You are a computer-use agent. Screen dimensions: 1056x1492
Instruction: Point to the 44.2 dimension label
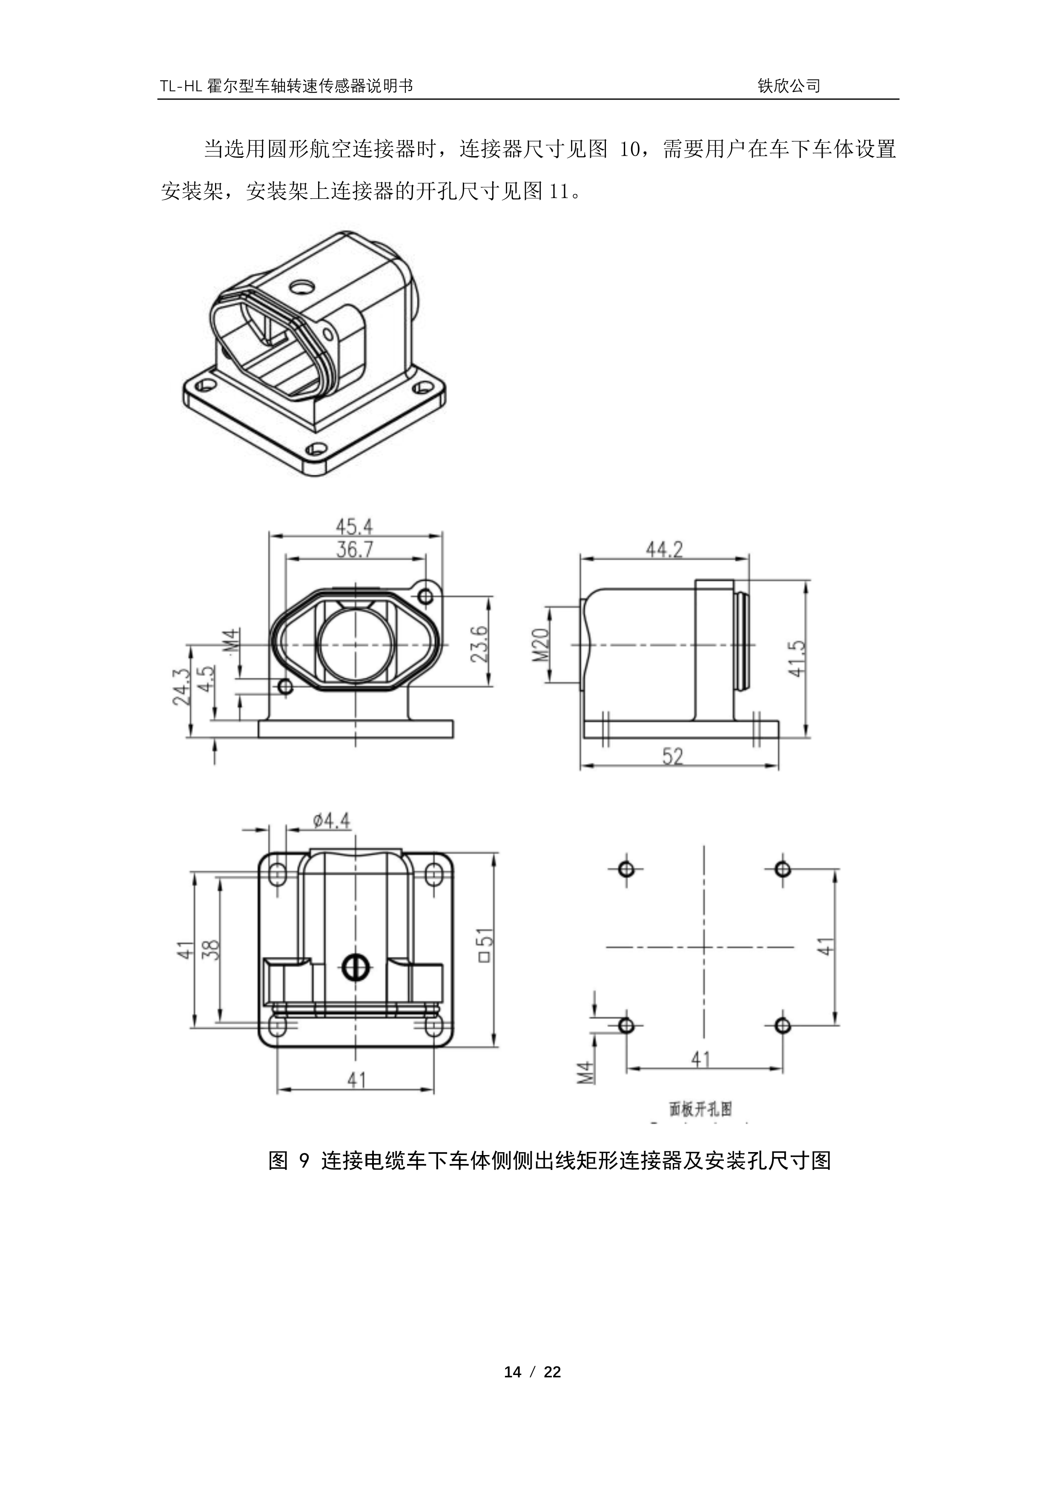pyautogui.click(x=665, y=550)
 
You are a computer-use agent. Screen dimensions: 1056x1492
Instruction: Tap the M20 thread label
pyautogui.click(x=541, y=644)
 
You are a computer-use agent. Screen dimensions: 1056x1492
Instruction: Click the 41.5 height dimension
pyautogui.click(x=797, y=659)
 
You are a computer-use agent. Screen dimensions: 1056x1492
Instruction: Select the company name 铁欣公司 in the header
pyautogui.click(x=789, y=86)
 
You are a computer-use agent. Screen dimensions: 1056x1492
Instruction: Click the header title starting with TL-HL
pyautogui.click(x=287, y=86)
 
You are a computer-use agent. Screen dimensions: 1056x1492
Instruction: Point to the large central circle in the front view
pyautogui.click(x=355, y=645)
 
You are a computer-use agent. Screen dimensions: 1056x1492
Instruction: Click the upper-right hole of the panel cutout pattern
pyautogui.click(x=783, y=869)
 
